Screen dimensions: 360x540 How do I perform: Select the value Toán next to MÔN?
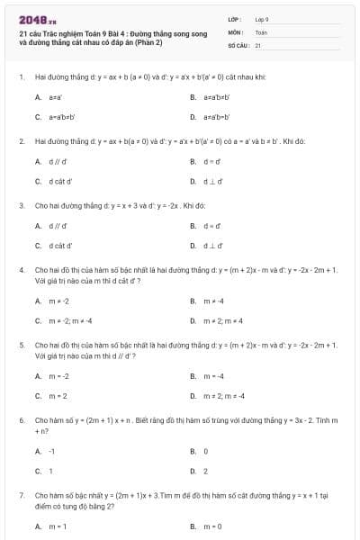tap(261, 31)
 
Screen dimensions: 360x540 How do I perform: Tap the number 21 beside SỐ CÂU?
tap(258, 44)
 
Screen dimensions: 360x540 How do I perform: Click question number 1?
tap(20, 77)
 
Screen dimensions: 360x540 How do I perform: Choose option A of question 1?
tap(38, 96)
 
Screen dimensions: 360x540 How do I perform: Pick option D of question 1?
tap(193, 117)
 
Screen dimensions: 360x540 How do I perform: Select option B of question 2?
tap(193, 161)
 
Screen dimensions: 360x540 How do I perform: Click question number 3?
tap(20, 205)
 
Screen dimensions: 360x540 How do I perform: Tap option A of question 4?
tap(38, 301)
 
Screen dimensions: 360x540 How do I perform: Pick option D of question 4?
tap(193, 320)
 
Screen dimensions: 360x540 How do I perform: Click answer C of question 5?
tap(38, 395)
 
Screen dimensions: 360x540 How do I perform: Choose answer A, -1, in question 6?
tap(38, 451)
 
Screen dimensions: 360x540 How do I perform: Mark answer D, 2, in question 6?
tap(193, 471)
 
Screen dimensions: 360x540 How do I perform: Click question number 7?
tap(20, 496)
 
